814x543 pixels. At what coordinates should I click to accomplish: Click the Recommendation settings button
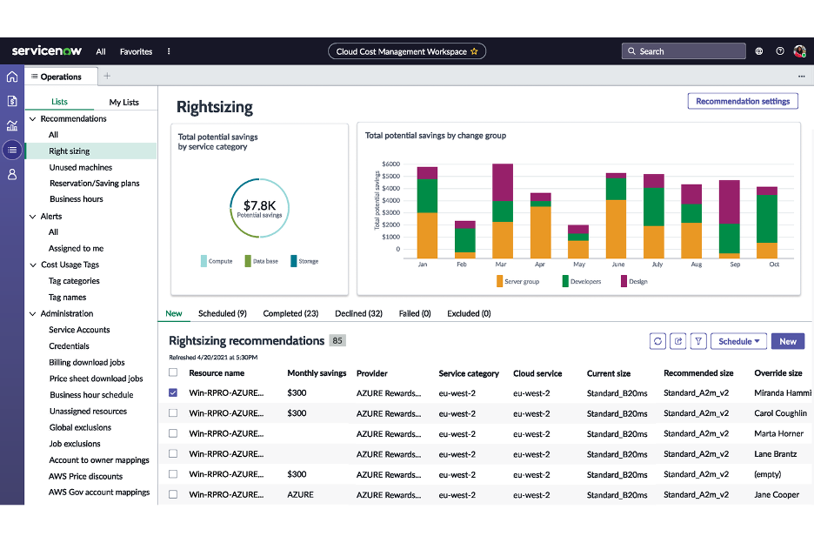pos(742,101)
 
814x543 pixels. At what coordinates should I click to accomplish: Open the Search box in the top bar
pos(684,51)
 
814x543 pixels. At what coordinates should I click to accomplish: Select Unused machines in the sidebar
pos(80,167)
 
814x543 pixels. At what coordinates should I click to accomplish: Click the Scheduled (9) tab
pos(223,313)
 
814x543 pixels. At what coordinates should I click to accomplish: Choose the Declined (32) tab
pos(358,313)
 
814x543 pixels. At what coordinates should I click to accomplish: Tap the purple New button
pos(787,341)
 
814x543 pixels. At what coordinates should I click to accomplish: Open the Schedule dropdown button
pos(738,341)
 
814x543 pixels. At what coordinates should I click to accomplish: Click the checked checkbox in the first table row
pos(173,392)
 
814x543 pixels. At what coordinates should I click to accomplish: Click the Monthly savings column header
pos(317,373)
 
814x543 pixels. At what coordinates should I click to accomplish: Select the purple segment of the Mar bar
pos(503,183)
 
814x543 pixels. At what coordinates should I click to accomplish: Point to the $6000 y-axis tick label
pos(390,164)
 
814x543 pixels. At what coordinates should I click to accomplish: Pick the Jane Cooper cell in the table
pos(777,494)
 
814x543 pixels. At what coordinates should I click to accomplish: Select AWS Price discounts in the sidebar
pos(85,476)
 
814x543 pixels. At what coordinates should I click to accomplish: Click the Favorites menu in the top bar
pos(136,51)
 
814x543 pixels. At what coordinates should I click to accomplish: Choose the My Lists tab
pos(123,102)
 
